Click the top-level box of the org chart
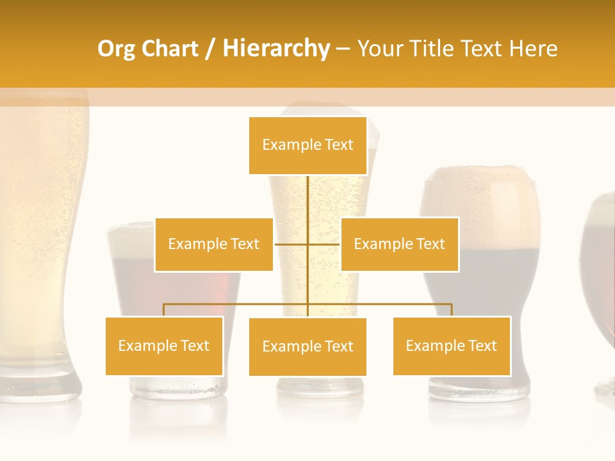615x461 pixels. coord(307,145)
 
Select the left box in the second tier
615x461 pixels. coord(213,244)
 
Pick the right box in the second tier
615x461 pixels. coord(399,244)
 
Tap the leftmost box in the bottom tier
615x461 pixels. coord(164,346)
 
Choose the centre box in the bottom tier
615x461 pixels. coord(307,346)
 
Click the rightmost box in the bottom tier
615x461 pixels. coord(452,346)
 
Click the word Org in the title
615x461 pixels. coord(115,49)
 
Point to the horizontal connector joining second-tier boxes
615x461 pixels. coord(292,244)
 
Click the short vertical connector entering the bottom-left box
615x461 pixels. coord(164,310)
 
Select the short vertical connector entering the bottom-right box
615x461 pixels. coord(452,310)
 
